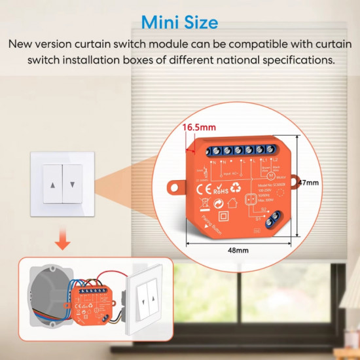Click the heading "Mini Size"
179,23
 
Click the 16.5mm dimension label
198,126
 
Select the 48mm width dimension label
238,251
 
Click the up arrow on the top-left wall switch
52,185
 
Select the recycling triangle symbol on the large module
238,190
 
